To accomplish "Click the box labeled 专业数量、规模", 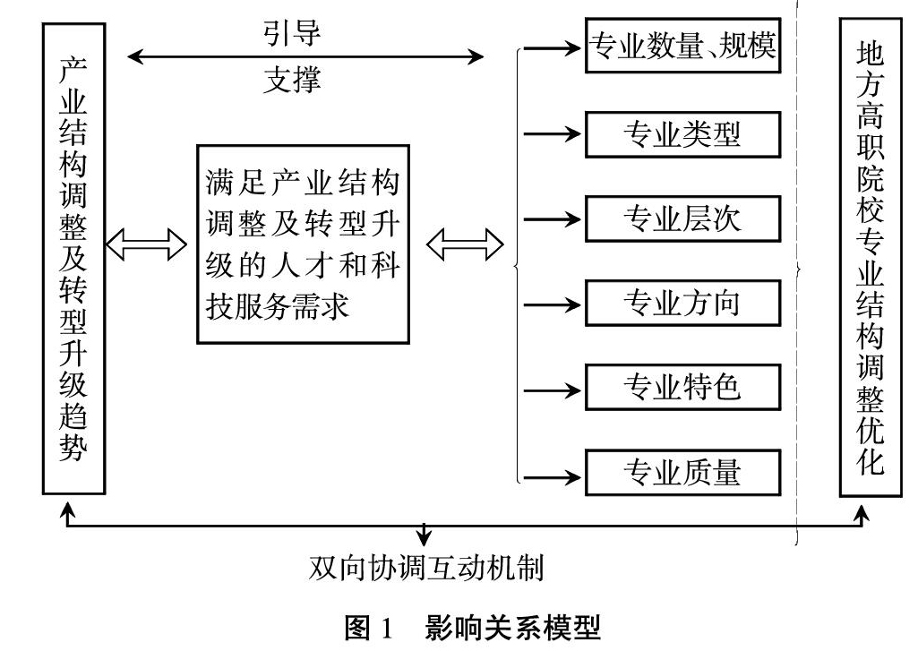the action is point(682,46).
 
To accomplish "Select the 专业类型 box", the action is point(682,135).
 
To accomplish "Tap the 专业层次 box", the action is point(682,219).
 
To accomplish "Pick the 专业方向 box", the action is point(682,304).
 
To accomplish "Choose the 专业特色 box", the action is point(682,388).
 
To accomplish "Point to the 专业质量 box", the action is point(682,473).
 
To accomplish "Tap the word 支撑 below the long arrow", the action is point(292,80).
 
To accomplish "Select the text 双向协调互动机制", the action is point(426,568).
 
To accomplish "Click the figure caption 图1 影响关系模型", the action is point(473,628).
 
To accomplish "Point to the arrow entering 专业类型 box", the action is point(552,134).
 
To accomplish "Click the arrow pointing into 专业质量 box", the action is point(552,476).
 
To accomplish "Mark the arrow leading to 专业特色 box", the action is point(552,390).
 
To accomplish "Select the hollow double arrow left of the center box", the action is point(146,244).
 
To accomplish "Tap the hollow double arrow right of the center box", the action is point(465,244).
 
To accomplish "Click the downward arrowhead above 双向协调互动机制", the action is point(424,538).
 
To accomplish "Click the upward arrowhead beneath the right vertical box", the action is point(862,515).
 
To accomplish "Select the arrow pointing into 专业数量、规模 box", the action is point(552,47).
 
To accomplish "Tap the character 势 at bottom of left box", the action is point(73,447).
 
